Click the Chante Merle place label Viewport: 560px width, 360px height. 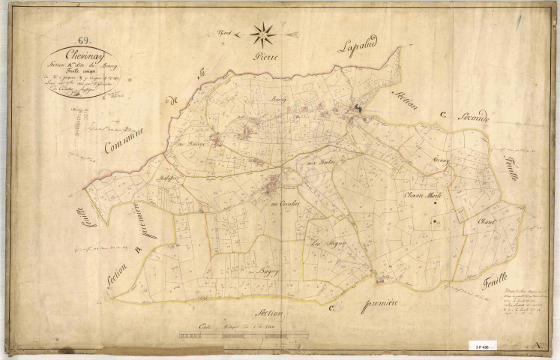tap(424, 196)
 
